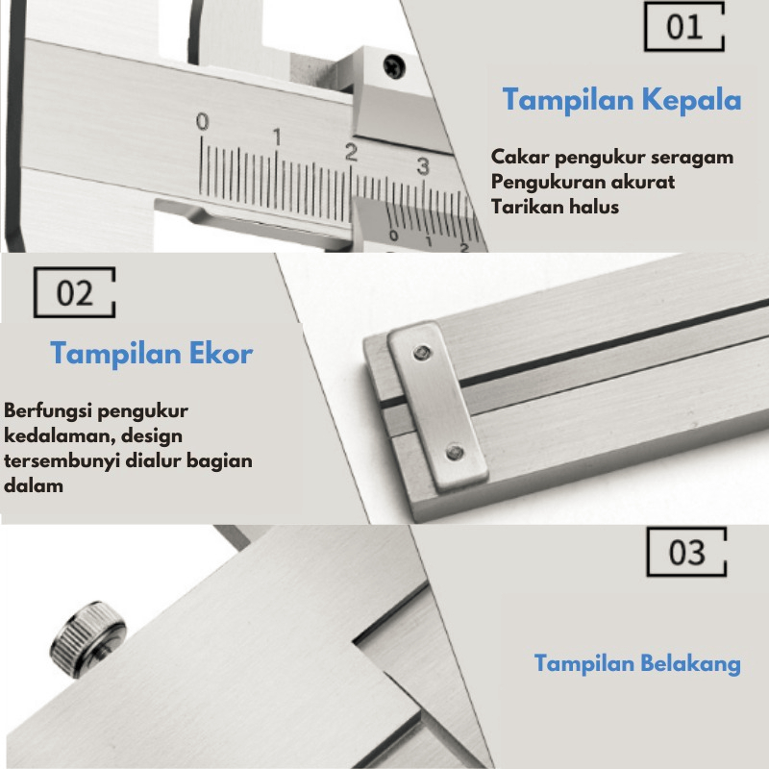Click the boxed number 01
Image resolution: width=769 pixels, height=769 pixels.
(x=684, y=27)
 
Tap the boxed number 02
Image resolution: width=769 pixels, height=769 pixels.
(x=75, y=293)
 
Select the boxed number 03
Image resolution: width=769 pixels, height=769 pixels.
(x=686, y=553)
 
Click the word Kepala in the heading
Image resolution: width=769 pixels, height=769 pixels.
(x=691, y=100)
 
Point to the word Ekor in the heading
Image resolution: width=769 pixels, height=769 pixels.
(x=221, y=353)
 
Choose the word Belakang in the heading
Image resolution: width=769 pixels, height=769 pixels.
(x=690, y=663)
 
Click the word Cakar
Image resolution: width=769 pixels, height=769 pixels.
(x=520, y=157)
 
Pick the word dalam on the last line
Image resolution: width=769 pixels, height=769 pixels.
(x=34, y=486)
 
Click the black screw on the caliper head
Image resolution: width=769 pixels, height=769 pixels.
(x=394, y=65)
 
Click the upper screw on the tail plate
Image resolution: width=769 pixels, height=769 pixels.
(x=422, y=352)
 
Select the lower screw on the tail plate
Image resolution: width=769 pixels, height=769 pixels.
(x=455, y=452)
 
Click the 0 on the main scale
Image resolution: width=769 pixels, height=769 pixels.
(x=202, y=121)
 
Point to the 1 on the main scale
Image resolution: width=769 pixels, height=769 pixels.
(x=278, y=136)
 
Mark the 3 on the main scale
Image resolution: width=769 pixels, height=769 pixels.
(x=423, y=166)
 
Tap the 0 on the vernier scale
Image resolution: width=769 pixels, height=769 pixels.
(x=393, y=236)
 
